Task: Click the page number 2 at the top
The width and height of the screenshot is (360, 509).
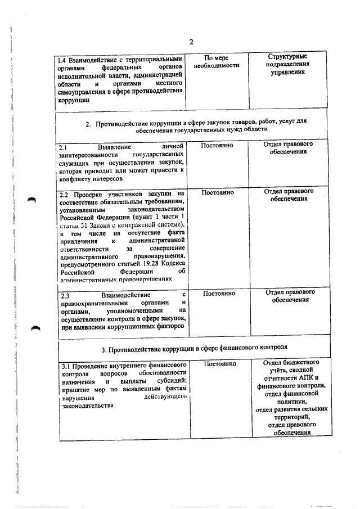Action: pyautogui.click(x=191, y=43)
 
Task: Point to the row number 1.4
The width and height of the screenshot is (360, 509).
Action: pyautogui.click(x=64, y=58)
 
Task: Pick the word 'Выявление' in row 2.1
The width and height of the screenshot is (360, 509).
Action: pyautogui.click(x=115, y=147)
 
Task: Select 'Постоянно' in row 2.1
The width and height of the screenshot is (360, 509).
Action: pyautogui.click(x=217, y=145)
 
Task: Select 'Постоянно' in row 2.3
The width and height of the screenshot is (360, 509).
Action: pyautogui.click(x=218, y=293)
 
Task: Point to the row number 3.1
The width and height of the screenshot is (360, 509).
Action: pyautogui.click(x=64, y=367)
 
